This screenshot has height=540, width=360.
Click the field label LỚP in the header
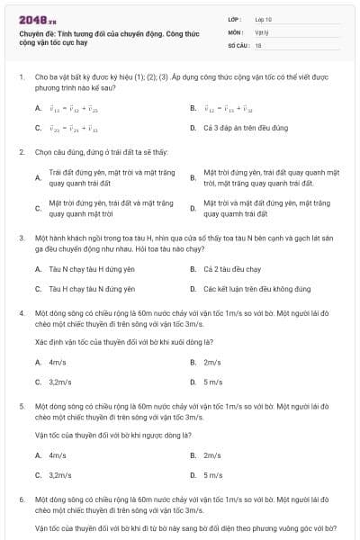[x=236, y=18]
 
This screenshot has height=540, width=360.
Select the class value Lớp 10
[x=263, y=18]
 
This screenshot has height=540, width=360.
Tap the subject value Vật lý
[x=261, y=31]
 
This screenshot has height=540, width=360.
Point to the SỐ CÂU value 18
[x=258, y=43]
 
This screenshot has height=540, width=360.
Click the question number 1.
[x=21, y=78]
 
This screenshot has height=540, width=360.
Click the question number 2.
[x=21, y=152]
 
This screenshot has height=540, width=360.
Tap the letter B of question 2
[x=193, y=177]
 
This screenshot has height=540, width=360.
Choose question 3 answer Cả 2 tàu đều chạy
[x=232, y=269]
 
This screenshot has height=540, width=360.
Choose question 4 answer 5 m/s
[x=212, y=382]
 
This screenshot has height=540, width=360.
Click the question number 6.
[x=21, y=498]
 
